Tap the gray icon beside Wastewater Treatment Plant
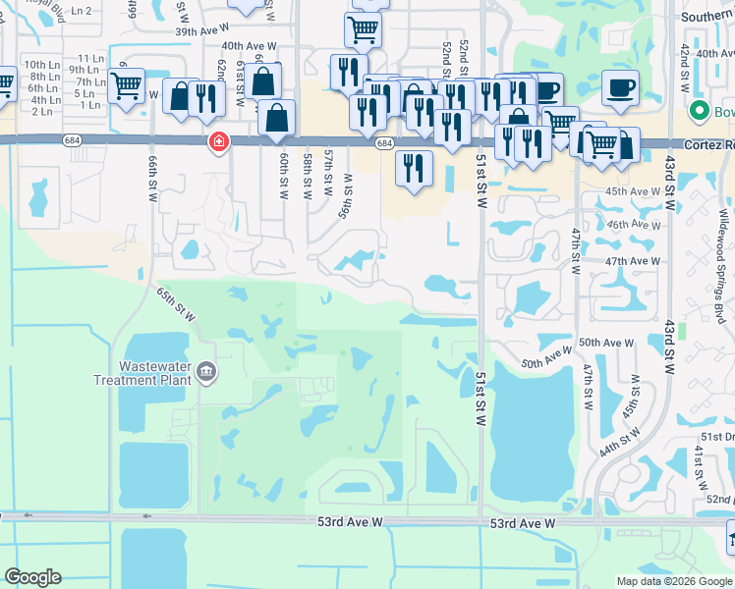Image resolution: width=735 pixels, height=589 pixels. coord(206,371)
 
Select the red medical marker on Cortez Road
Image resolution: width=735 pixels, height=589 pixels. coord(217,143)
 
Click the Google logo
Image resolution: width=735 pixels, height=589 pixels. coord(32,578)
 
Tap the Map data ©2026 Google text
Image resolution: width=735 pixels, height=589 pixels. coord(673,581)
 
